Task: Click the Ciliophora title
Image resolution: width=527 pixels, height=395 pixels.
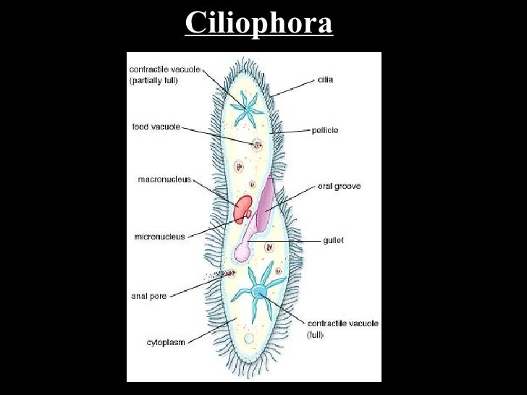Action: pyautogui.click(x=258, y=23)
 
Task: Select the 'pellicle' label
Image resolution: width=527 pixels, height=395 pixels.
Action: pyautogui.click(x=326, y=130)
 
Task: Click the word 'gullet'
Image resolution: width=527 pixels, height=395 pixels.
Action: pyautogui.click(x=333, y=240)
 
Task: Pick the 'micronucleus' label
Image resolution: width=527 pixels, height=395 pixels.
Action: pyautogui.click(x=159, y=236)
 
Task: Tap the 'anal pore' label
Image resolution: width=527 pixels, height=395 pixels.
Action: pyautogui.click(x=148, y=295)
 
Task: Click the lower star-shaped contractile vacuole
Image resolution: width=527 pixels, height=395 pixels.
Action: pyautogui.click(x=258, y=292)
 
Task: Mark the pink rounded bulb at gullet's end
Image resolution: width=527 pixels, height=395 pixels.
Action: pyautogui.click(x=241, y=252)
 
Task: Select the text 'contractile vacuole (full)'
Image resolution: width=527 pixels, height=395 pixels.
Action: pyautogui.click(x=342, y=329)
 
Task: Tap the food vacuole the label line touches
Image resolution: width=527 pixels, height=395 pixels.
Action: pyautogui.click(x=256, y=145)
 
